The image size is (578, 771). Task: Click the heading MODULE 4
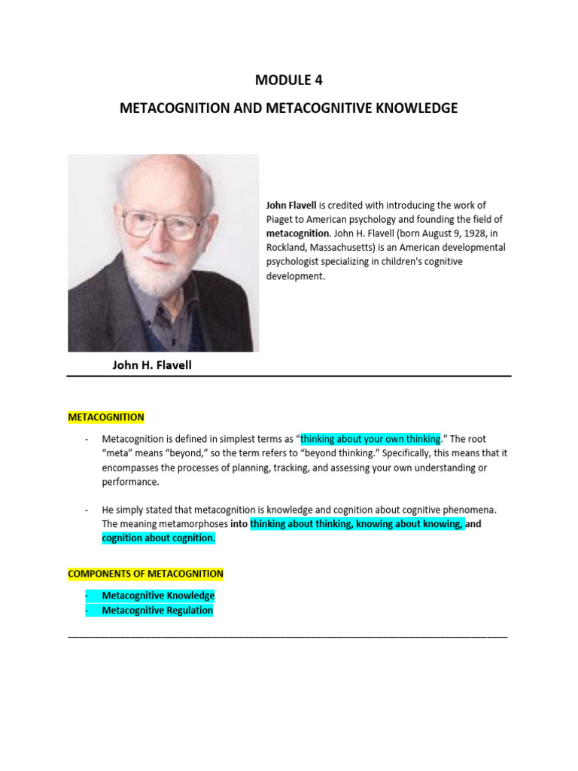tap(288, 81)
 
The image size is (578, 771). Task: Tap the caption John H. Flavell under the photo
tap(152, 365)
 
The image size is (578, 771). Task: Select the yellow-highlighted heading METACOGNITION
tap(105, 417)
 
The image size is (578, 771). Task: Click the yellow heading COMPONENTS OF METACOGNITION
tap(145, 574)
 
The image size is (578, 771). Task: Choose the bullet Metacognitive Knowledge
tap(158, 596)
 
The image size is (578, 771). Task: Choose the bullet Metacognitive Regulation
tap(157, 611)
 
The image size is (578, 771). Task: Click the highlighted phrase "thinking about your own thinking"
tap(370, 439)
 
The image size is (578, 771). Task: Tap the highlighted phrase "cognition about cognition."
tap(159, 538)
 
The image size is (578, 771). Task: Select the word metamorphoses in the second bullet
tap(190, 523)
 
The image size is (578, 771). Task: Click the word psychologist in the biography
tap(296, 262)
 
